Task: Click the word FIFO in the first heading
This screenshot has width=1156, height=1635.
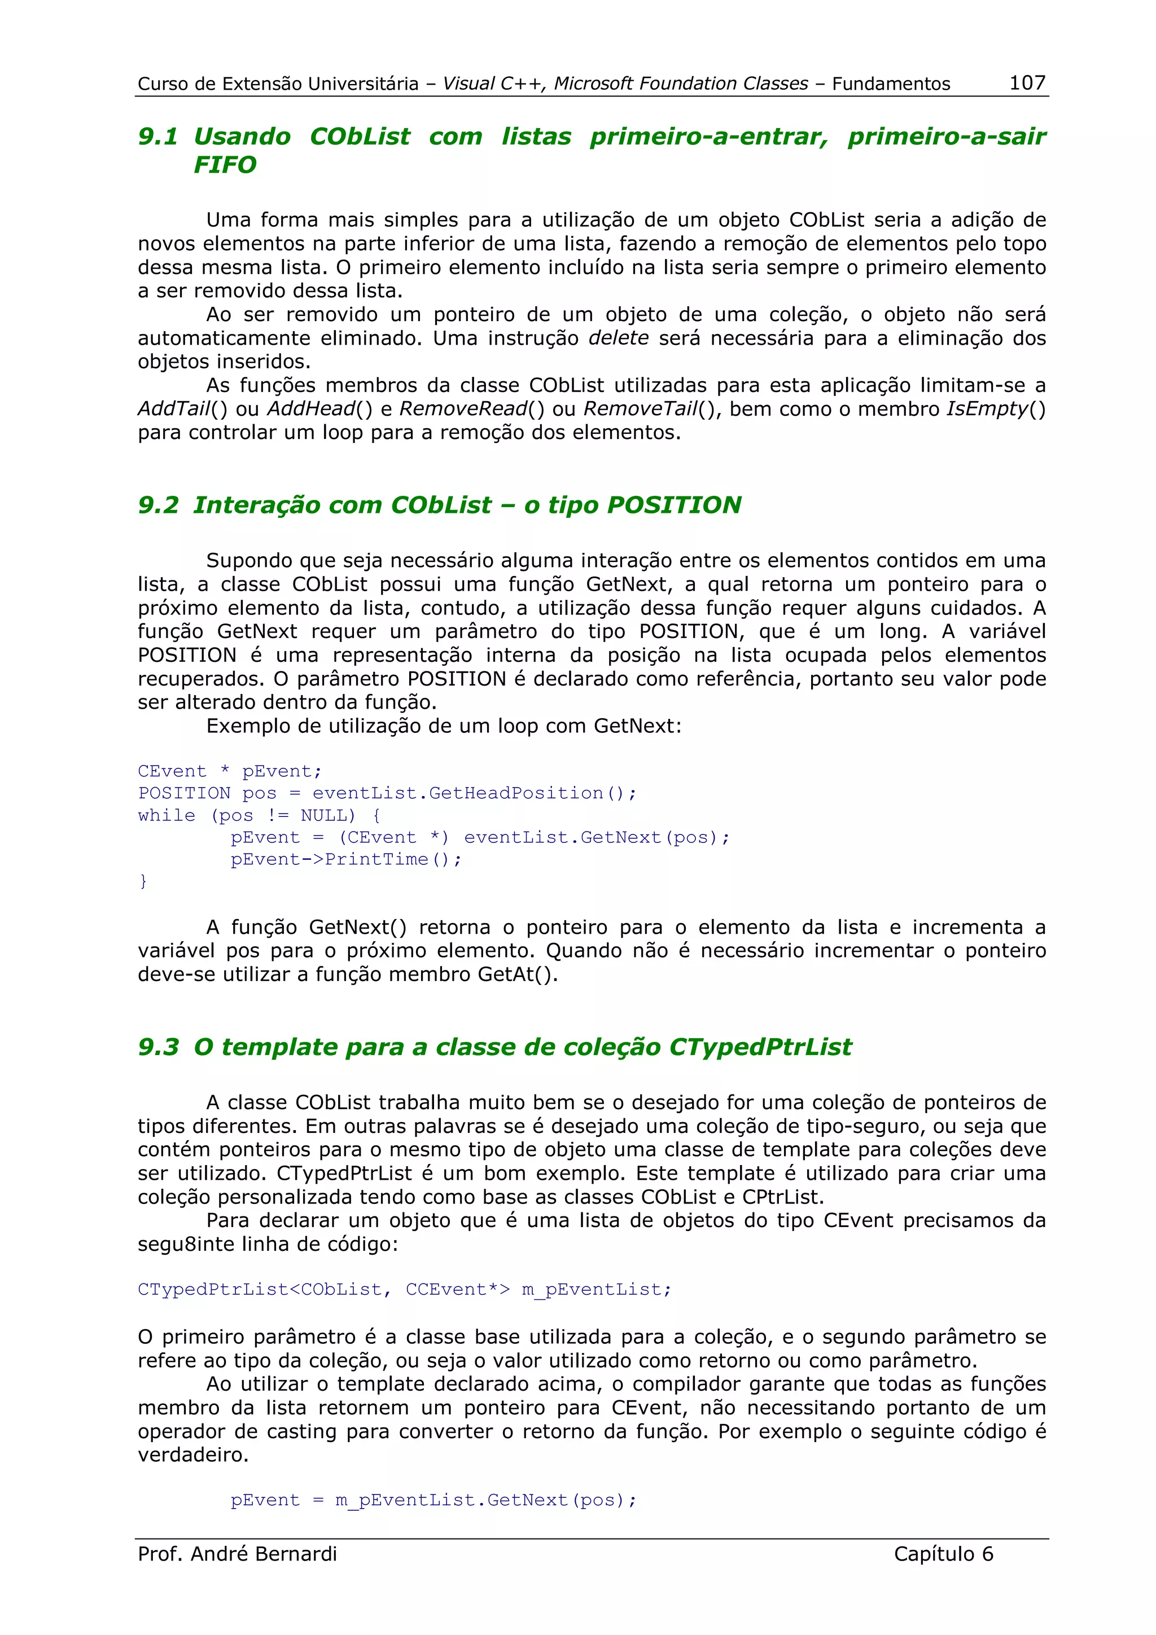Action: pos(224,165)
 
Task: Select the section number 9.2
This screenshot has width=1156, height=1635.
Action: pos(157,505)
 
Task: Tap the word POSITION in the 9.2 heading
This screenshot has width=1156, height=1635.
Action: pos(673,505)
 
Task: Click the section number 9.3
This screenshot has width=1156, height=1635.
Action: pos(157,1047)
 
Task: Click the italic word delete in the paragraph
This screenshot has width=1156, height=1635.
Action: pos(618,337)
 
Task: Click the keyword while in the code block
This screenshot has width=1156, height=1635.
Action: pos(166,815)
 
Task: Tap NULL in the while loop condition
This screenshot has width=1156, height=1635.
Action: pos(327,815)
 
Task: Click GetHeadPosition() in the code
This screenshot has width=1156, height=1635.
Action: pos(531,793)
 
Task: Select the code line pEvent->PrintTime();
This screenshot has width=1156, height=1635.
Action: pos(346,859)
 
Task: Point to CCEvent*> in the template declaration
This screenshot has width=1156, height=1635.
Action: pos(457,1290)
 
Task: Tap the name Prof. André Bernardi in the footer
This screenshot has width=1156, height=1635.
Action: pos(237,1554)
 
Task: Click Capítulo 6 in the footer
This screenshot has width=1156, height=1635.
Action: pos(943,1554)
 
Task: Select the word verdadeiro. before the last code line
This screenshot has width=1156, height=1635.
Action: pos(193,1455)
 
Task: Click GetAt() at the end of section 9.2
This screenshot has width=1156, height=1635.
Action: pos(518,974)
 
